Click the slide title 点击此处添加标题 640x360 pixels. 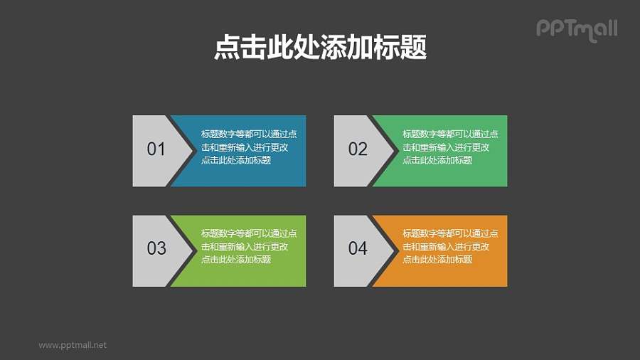tap(320, 48)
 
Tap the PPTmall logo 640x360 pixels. tap(576, 28)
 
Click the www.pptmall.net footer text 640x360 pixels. tap(73, 345)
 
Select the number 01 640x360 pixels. tap(156, 149)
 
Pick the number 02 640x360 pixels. tap(358, 149)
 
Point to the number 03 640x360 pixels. tap(156, 248)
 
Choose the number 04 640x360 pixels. tap(358, 248)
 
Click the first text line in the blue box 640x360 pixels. tap(249, 134)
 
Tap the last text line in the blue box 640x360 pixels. tap(236, 160)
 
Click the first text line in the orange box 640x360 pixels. tap(450, 233)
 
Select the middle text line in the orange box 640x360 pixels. tap(446, 246)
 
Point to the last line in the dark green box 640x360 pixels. tap(437, 160)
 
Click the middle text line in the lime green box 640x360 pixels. tap(245, 246)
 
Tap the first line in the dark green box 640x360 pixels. tap(450, 134)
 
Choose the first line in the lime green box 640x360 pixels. tap(249, 233)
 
